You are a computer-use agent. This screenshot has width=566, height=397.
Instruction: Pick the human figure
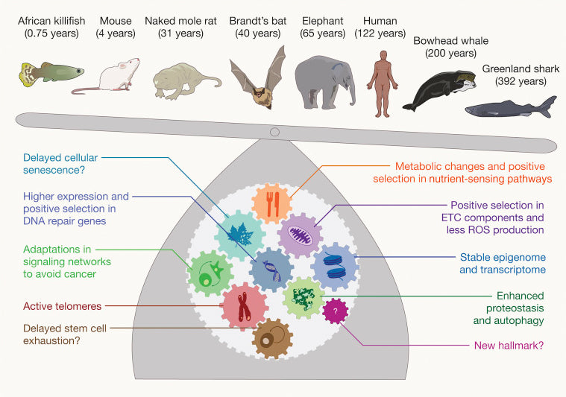coord(385,81)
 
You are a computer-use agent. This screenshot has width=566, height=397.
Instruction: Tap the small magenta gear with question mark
coord(336,310)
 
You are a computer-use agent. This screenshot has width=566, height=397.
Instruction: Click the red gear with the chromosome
coord(244,305)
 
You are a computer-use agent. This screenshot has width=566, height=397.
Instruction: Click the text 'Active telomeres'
coord(61,306)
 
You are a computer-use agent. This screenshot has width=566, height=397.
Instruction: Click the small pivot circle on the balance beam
coord(275,132)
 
